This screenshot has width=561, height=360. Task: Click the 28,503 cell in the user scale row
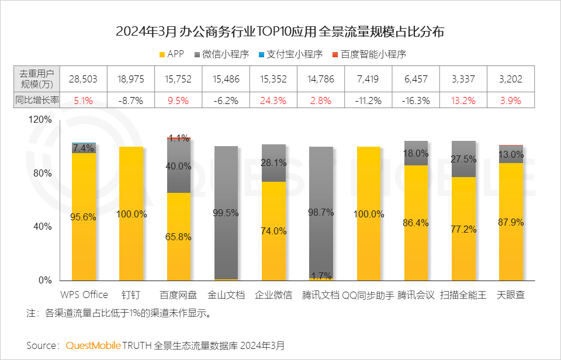(x=83, y=79)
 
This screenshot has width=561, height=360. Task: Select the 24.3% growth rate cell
(x=273, y=100)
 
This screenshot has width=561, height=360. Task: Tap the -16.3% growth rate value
(x=416, y=100)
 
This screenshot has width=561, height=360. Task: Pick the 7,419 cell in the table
(x=368, y=79)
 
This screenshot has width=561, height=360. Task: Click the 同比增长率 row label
(x=37, y=100)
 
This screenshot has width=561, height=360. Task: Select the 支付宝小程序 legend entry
(x=290, y=54)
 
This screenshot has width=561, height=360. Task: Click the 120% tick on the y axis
(x=41, y=120)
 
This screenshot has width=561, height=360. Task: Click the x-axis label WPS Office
(x=84, y=295)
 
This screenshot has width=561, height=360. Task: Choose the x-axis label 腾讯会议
(x=416, y=295)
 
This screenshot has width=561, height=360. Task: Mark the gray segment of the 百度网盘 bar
(x=178, y=167)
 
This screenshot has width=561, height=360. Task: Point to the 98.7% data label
(x=321, y=213)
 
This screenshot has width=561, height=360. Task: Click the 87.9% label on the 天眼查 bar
(x=511, y=222)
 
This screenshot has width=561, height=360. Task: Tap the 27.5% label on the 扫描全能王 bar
(x=463, y=159)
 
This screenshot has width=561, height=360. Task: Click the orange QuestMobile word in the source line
(x=93, y=345)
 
